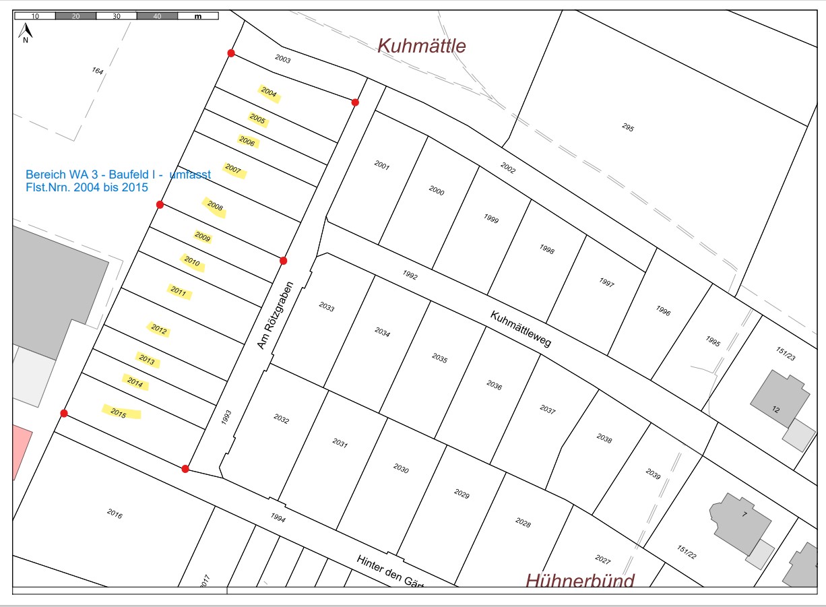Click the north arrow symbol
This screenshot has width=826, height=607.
[x=25, y=32]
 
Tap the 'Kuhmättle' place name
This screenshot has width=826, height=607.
[x=421, y=46]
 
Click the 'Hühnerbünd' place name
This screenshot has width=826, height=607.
[x=579, y=581]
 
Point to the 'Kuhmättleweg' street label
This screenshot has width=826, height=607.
[x=521, y=329]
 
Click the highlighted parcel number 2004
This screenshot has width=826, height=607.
[x=269, y=93]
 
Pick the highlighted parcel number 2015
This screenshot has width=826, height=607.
[x=120, y=412]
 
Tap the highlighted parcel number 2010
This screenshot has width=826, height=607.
[x=192, y=261]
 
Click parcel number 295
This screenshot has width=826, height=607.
[x=627, y=127]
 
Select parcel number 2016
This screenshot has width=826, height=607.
[x=115, y=513]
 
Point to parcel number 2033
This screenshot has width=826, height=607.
[x=326, y=307]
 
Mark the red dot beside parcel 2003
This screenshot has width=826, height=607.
[x=231, y=53]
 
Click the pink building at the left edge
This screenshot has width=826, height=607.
[x=20, y=452]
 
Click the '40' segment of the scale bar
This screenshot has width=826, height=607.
[x=157, y=15]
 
